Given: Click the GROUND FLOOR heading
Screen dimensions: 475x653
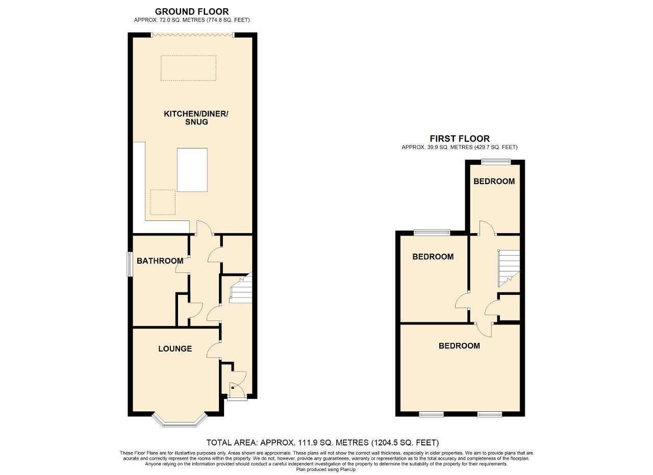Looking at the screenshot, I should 192,11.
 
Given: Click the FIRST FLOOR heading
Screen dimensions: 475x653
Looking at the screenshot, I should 459,138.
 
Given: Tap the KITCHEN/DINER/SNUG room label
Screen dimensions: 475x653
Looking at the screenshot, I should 196,117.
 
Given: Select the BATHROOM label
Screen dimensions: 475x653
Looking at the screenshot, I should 160,261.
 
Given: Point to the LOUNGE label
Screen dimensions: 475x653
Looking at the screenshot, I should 175,348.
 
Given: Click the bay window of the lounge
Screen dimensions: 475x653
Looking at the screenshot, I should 180,420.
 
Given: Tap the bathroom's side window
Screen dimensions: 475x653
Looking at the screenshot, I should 130,264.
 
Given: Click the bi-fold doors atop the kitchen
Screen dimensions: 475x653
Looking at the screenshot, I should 192,35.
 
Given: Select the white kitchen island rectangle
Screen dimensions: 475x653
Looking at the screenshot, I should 192,169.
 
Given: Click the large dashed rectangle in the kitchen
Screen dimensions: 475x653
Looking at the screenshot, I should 188,68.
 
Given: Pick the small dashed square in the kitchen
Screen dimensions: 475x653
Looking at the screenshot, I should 163,202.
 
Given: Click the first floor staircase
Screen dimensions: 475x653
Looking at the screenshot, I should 508,267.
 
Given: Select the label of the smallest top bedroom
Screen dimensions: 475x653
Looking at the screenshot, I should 494,181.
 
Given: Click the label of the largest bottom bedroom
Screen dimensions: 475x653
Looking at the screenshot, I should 459,345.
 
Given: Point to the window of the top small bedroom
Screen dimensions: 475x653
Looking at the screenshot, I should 496,162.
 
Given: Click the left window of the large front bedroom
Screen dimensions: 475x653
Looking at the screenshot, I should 431,414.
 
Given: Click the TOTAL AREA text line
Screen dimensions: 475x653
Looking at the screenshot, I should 322,442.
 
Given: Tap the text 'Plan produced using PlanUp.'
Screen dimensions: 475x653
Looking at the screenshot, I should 326,469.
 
